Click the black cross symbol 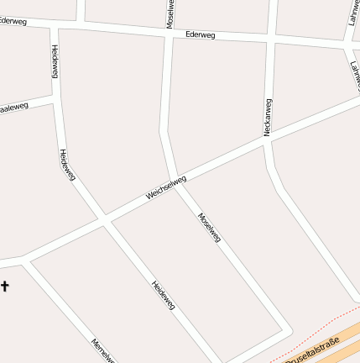click(4, 287)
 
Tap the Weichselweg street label click(166, 187)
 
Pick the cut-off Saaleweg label click(14, 108)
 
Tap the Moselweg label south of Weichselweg click(209, 228)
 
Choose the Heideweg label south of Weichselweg click(163, 295)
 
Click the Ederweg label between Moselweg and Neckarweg click(201, 35)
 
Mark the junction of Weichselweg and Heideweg click(104, 219)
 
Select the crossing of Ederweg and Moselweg click(169, 33)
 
